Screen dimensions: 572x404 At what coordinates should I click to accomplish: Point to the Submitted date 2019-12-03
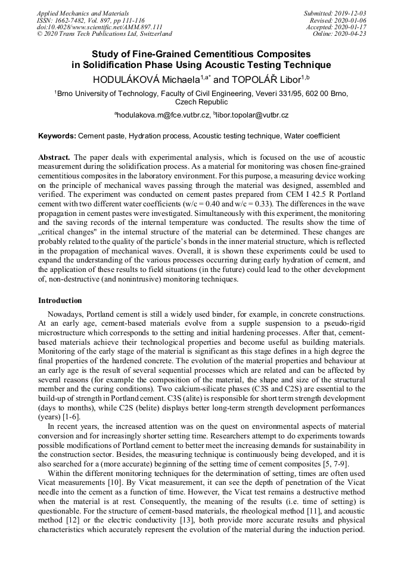(349, 13)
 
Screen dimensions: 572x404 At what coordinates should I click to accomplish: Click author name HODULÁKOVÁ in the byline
(128, 79)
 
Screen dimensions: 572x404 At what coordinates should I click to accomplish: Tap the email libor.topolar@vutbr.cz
(253, 115)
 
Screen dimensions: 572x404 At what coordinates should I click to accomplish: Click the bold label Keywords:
(57, 137)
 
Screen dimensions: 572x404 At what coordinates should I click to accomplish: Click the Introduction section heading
(60, 300)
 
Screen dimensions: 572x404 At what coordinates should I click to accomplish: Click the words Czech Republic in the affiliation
(201, 102)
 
